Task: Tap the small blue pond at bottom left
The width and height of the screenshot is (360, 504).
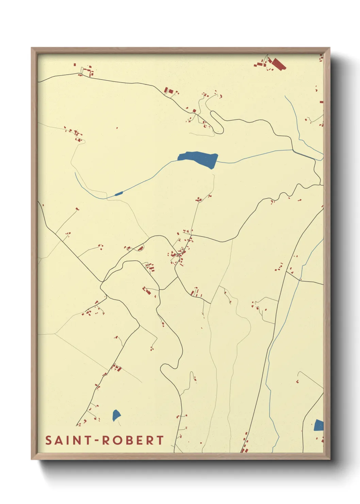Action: [x=116, y=415]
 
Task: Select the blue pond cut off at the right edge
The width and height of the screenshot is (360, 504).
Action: [x=319, y=425]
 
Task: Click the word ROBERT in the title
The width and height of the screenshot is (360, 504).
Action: [x=133, y=440]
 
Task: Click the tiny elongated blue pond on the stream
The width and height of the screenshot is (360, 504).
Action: [x=118, y=194]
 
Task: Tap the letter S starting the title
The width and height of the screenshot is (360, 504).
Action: [x=49, y=440]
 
